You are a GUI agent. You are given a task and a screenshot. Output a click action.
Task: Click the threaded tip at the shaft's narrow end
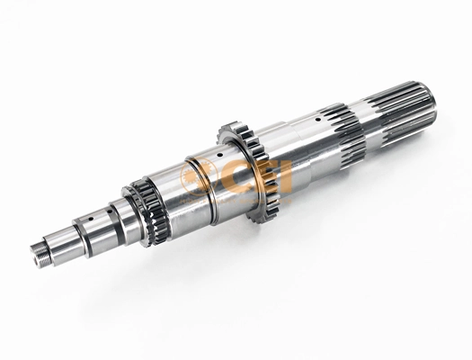[38, 256]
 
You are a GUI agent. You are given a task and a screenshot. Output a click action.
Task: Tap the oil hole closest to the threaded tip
[90, 217]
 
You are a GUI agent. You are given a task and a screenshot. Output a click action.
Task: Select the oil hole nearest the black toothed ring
[109, 212]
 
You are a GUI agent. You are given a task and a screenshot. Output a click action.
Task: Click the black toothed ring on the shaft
[144, 212]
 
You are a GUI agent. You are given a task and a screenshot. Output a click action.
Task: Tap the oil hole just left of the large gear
[220, 155]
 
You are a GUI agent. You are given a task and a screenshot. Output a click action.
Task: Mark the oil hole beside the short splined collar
[317, 120]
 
